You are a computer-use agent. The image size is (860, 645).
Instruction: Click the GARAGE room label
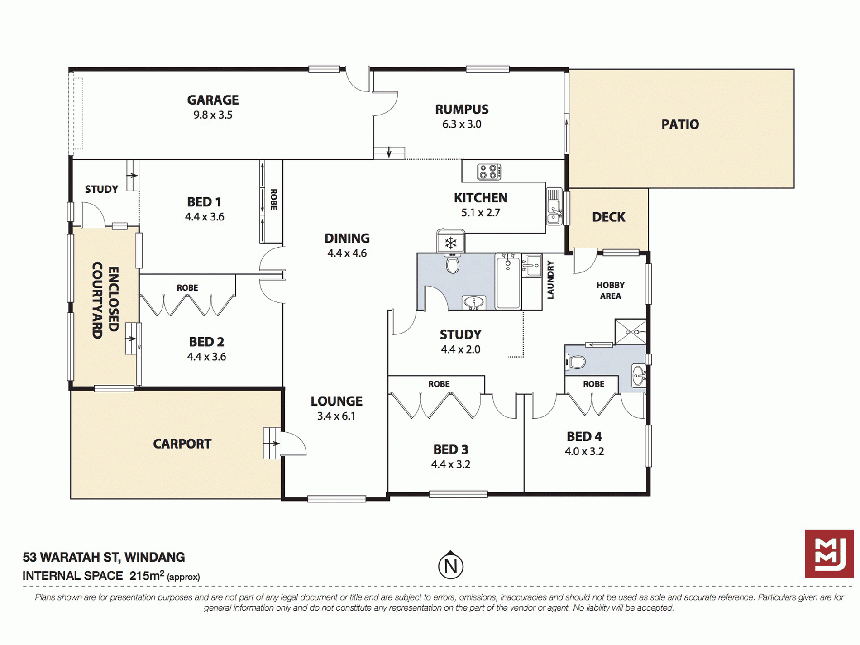click(213, 100)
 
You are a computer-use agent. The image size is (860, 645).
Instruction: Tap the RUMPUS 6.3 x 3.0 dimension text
click(462, 124)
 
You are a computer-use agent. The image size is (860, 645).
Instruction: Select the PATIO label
click(680, 124)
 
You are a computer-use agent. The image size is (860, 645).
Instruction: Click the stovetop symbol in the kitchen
click(489, 172)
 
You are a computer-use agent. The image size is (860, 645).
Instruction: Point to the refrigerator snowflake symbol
click(450, 243)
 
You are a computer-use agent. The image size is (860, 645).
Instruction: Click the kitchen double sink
click(554, 206)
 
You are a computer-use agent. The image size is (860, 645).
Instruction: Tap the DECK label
click(608, 217)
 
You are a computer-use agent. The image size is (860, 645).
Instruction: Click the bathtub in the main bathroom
click(508, 281)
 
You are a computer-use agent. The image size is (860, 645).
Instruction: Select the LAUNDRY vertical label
click(550, 280)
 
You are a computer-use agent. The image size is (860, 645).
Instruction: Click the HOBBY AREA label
click(610, 291)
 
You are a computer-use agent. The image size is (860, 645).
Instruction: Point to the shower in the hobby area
click(631, 332)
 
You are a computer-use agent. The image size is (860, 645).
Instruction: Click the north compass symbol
click(451, 565)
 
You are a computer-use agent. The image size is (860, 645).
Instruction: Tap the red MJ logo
click(829, 554)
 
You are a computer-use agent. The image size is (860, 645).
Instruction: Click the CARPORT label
click(182, 444)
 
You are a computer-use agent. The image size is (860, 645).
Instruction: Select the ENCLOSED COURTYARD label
click(105, 300)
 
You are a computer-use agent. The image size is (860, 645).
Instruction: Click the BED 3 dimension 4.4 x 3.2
click(451, 464)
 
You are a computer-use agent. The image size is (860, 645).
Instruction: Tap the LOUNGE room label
click(336, 401)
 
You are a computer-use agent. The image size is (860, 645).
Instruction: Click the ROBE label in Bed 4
click(593, 384)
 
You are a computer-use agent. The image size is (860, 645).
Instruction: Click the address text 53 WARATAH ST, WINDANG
click(104, 557)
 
